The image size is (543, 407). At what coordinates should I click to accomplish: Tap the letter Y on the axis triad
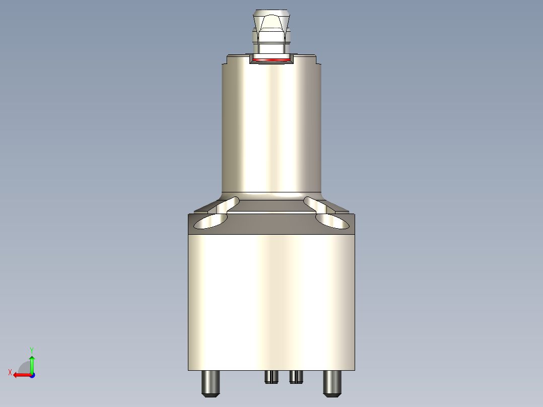pyautogui.click(x=32, y=349)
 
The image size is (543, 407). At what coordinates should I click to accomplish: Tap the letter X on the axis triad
pyautogui.click(x=10, y=372)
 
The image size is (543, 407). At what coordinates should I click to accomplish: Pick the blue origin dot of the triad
pyautogui.click(x=32, y=375)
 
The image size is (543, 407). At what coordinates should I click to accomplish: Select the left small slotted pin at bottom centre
pyautogui.click(x=271, y=376)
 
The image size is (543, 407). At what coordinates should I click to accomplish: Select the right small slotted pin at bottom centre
pyautogui.click(x=296, y=376)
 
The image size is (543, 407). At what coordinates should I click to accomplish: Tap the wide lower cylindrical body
pyautogui.click(x=272, y=302)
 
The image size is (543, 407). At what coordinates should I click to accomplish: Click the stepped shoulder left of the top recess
pyautogui.click(x=237, y=59)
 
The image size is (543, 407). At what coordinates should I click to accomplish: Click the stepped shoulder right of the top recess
pyautogui.click(x=307, y=59)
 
